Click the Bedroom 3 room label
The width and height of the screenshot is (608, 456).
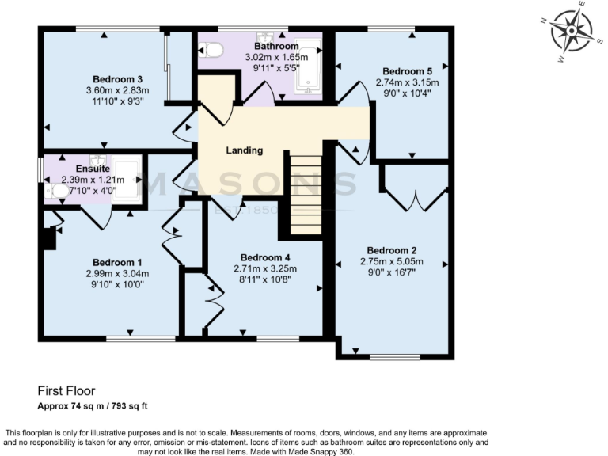117,78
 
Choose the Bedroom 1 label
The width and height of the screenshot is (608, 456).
117,263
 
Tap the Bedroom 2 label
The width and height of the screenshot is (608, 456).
392,251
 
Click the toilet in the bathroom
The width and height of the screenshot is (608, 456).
213,50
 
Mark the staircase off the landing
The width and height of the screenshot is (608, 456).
304,195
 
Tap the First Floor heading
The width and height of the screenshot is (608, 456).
66,391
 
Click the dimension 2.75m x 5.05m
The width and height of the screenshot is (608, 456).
392,262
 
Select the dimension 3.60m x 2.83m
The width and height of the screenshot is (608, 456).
117,90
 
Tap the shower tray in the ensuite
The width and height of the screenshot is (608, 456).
125,176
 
